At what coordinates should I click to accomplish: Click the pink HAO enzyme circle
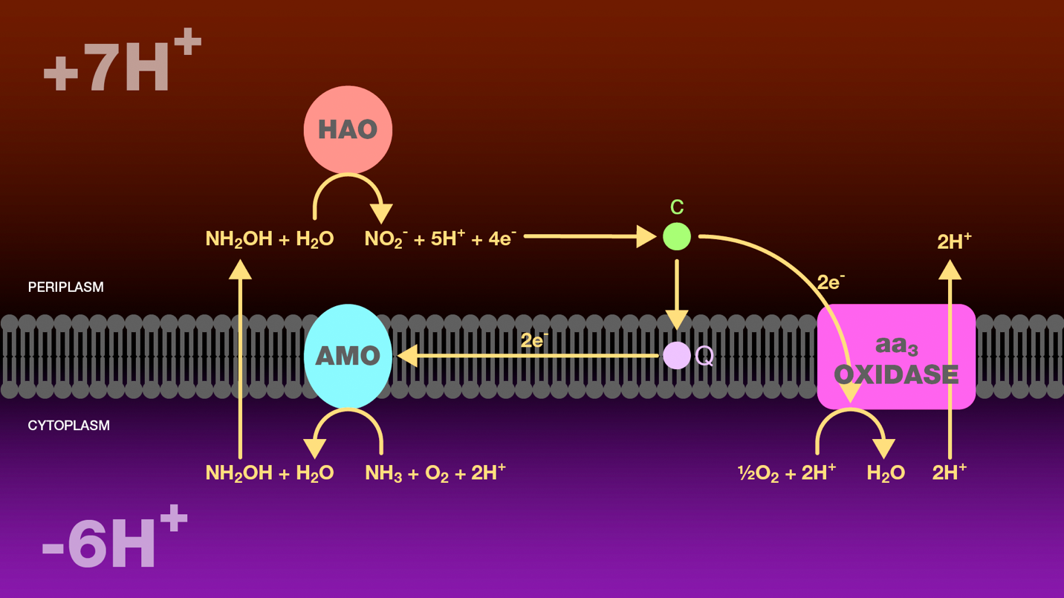(x=348, y=130)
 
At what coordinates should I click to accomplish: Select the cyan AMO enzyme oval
(x=348, y=356)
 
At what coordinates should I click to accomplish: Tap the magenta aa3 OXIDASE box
(x=896, y=357)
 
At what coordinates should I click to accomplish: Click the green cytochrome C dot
(x=676, y=237)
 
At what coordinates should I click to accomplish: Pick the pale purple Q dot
(x=676, y=356)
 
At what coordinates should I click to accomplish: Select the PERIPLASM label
(x=65, y=287)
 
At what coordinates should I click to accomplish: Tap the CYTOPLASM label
(x=68, y=426)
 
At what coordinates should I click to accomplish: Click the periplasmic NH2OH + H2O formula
(x=269, y=239)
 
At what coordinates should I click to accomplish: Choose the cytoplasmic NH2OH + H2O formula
(x=269, y=473)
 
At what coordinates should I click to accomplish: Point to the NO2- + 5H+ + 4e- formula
(x=440, y=239)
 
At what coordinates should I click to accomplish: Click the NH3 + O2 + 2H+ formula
(x=435, y=473)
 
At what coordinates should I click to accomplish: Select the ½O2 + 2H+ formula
(x=786, y=473)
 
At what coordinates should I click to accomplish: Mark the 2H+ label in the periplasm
(x=954, y=241)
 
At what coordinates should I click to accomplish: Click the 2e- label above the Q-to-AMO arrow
(x=534, y=341)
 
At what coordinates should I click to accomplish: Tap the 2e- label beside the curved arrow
(x=831, y=282)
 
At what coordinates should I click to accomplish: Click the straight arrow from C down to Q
(x=676, y=294)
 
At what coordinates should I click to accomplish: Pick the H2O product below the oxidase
(x=886, y=473)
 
